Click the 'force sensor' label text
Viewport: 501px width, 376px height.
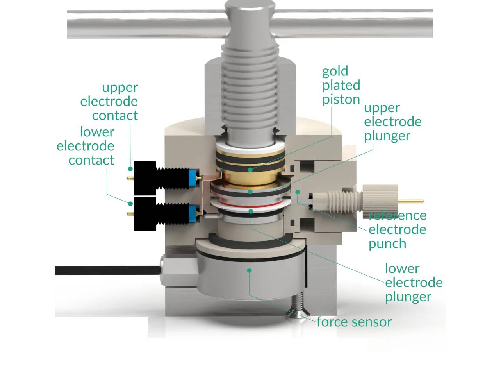pos(354,322)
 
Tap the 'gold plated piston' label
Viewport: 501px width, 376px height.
pos(341,85)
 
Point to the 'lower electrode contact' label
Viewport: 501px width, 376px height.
pos(86,146)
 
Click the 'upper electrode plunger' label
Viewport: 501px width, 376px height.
pos(392,122)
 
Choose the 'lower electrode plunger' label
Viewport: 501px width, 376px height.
pos(414,283)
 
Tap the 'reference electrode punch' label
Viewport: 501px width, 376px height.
pos(397,229)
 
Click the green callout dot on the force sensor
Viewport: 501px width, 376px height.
pos(249,270)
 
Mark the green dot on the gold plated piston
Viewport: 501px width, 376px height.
pos(250,170)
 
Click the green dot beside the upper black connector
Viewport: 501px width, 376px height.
pos(130,169)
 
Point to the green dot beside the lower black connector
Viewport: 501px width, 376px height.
pos(130,204)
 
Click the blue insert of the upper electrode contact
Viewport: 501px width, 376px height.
pos(192,178)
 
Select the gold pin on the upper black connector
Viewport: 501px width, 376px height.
pos(130,178)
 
